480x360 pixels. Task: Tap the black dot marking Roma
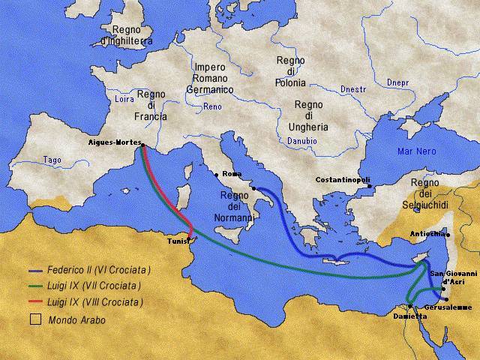pos(217,175)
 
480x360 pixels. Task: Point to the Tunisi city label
pos(179,241)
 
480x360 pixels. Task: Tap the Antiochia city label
pos(427,233)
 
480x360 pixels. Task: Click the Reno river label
pos(212,106)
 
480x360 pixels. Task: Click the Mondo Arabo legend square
pos(35,319)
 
